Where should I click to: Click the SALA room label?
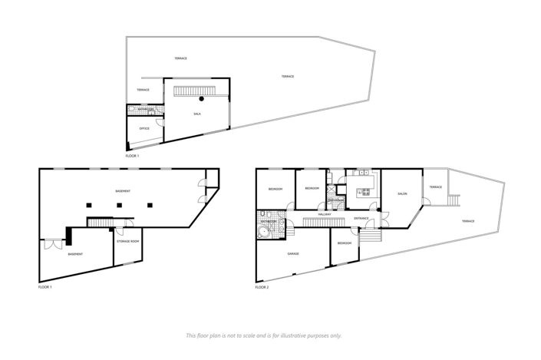pos(197,113)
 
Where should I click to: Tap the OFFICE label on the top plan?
pos(144,128)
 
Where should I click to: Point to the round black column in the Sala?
pos(202,99)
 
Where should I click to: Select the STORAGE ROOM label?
pos(128,242)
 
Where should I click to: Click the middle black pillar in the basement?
pos(119,205)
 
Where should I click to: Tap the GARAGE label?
pos(293,253)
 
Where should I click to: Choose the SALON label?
pos(401,193)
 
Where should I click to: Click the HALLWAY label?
pos(335,214)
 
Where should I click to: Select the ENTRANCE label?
pos(361,219)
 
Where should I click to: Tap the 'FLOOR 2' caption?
pos(262,287)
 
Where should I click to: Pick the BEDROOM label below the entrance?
pos(345,243)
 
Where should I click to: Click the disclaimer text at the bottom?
pos(264,335)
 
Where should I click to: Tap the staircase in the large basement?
pos(100,223)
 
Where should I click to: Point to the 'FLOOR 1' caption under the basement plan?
pos(45,287)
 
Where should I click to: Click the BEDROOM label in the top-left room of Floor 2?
pos(275,189)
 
